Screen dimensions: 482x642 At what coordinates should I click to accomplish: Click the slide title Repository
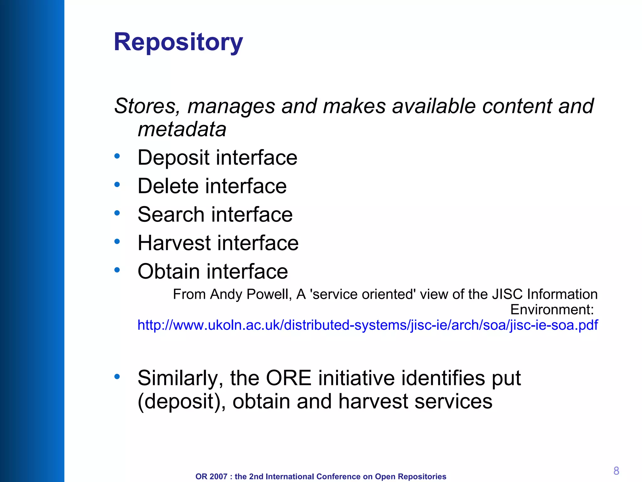click(178, 42)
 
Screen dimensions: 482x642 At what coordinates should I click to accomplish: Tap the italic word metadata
click(182, 129)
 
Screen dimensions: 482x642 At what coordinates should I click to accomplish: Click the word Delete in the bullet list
click(168, 186)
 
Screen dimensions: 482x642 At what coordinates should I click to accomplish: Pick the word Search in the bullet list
click(171, 215)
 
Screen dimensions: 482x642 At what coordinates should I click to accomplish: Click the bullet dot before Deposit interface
click(117, 156)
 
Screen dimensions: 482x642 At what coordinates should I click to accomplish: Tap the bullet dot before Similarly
click(117, 376)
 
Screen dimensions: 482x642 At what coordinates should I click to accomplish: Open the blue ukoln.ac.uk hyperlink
click(367, 325)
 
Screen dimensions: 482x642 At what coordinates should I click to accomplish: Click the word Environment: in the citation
click(552, 310)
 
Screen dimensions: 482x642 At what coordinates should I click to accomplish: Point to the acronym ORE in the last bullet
click(288, 378)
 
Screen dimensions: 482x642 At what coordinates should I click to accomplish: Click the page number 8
click(616, 471)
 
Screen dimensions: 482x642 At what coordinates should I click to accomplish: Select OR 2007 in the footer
click(211, 476)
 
